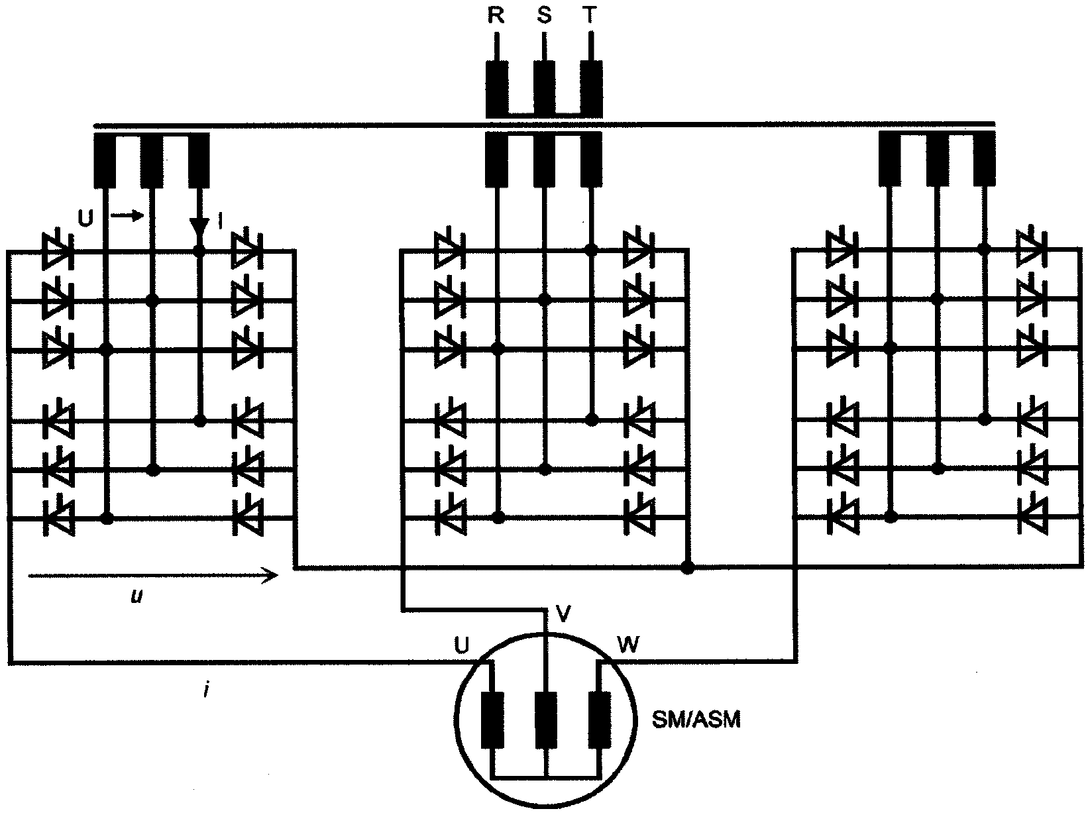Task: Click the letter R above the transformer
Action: point(496,15)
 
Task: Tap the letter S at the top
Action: point(544,15)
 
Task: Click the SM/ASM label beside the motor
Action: point(695,720)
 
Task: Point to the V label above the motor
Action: point(564,614)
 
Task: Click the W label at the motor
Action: point(627,644)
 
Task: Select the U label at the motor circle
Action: point(462,644)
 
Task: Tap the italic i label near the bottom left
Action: point(207,690)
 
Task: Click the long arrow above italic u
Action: point(152,575)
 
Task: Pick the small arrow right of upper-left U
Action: point(127,215)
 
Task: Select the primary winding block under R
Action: point(497,89)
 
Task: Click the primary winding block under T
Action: point(592,89)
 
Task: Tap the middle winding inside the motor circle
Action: point(546,720)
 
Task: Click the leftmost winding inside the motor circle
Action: point(494,720)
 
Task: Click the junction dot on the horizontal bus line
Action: point(688,568)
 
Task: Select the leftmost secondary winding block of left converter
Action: point(105,160)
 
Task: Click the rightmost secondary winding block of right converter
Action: point(984,158)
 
